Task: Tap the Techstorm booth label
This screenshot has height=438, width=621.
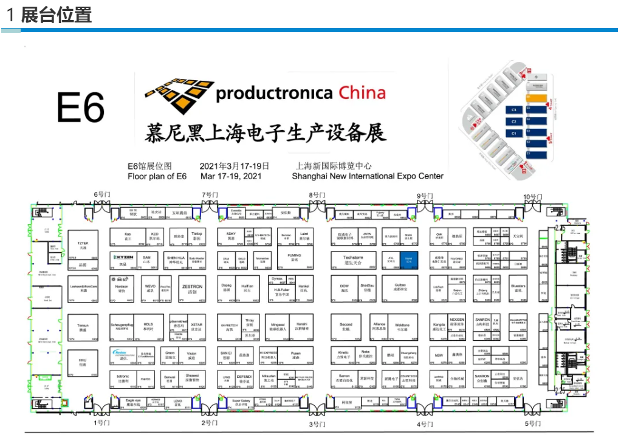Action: click(x=353, y=259)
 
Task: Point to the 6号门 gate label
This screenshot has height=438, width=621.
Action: click(x=101, y=194)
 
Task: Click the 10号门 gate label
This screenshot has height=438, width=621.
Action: click(x=533, y=196)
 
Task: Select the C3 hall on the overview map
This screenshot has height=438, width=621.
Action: click(x=514, y=110)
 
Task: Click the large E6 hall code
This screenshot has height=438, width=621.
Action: click(x=81, y=108)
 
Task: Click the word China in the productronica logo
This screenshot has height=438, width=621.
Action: click(x=362, y=93)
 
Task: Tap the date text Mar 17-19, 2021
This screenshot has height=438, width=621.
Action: click(x=230, y=176)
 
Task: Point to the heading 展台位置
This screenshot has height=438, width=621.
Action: click(x=57, y=15)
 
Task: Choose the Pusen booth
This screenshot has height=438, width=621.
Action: click(x=296, y=355)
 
